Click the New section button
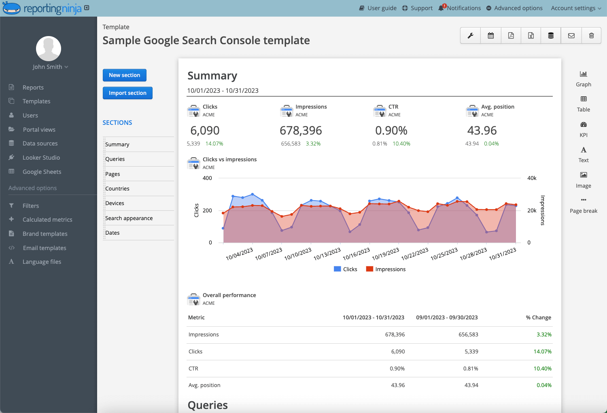point(124,75)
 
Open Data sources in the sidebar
point(40,143)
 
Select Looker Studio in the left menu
point(41,158)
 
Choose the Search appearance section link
point(129,218)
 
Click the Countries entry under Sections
point(117,188)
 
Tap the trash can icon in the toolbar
point(591,36)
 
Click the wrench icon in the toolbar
point(471,36)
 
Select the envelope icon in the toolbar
point(571,36)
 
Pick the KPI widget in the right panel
point(583,129)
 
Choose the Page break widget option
point(583,205)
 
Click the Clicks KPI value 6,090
point(205,131)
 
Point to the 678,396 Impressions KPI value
point(301,131)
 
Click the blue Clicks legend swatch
point(337,269)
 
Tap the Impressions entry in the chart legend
point(390,269)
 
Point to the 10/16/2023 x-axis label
point(357,254)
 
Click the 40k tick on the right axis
point(532,178)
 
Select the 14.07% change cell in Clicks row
point(542,351)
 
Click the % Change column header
point(538,317)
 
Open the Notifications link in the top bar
point(463,8)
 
